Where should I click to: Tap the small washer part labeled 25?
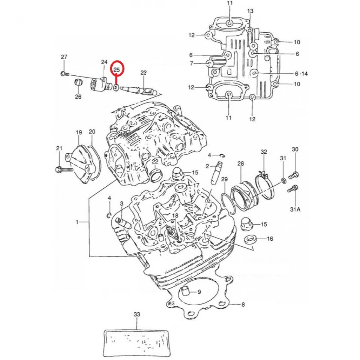pos(117,88)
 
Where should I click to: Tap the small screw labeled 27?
pos(63,74)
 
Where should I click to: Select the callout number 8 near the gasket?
pos(243,304)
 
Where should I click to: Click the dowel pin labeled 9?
pos(186,291)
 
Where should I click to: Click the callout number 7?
pos(191,64)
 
